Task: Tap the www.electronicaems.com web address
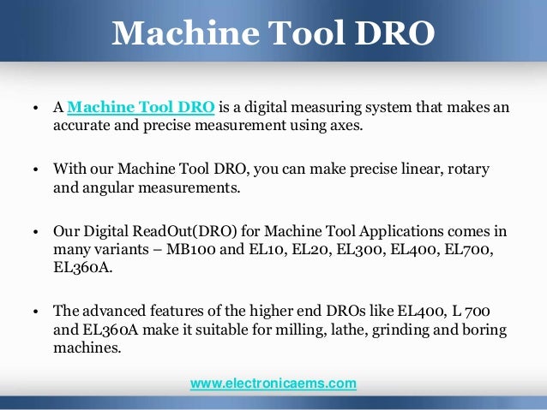click(273, 384)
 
